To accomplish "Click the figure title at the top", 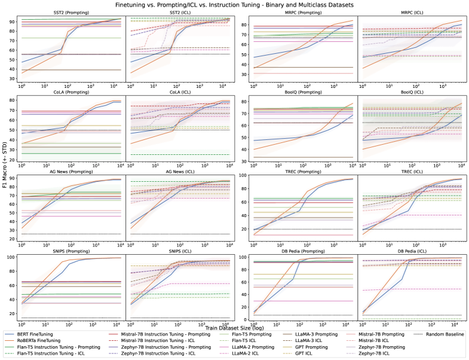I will coord(234,4).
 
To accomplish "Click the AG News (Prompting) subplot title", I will coord(72,171).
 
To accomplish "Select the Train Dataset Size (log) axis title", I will coord(234,328).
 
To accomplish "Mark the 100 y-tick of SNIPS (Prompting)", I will coord(14,257).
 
